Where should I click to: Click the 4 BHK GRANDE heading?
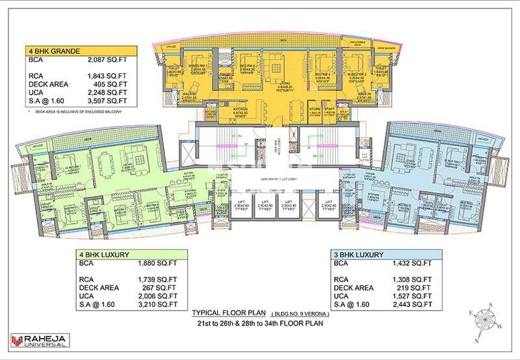[x=53, y=50]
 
